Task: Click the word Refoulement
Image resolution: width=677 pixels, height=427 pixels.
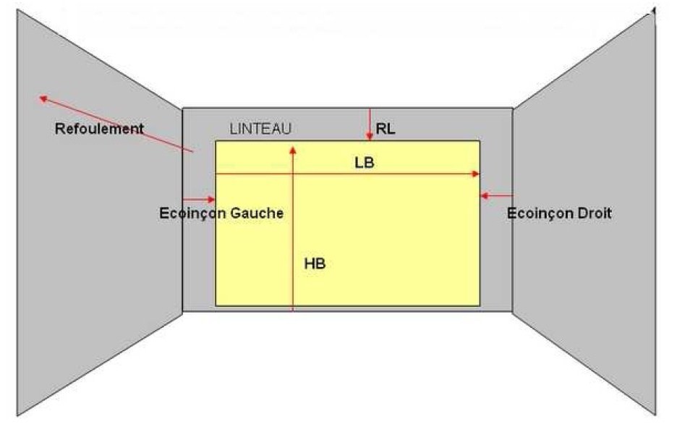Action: tap(99, 128)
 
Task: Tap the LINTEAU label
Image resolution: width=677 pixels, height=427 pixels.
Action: tap(260, 128)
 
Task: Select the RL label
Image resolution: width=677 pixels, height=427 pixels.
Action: tap(385, 128)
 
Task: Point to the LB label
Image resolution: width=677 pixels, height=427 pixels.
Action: tap(364, 163)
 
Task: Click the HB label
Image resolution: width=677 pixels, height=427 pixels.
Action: tap(315, 263)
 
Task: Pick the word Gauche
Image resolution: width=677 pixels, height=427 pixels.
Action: tap(257, 213)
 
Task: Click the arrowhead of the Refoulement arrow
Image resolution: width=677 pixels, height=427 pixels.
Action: tap(42, 99)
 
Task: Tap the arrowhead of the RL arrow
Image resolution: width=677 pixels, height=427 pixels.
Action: tap(370, 138)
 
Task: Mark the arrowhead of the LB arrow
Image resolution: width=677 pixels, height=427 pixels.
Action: tap(476, 174)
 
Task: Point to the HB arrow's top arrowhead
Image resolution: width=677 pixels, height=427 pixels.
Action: tap(293, 150)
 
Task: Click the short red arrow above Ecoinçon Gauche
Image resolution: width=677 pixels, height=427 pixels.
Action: tap(199, 200)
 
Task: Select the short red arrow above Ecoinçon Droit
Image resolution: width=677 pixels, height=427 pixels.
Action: tap(496, 196)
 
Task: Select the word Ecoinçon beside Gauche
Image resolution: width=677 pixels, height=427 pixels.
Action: tap(193, 213)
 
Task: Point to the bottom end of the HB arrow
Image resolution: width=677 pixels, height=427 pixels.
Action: tap(293, 310)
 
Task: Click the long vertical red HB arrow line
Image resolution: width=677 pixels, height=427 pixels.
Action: tap(293, 229)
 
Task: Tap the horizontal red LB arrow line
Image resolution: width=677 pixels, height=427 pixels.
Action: tap(348, 174)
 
